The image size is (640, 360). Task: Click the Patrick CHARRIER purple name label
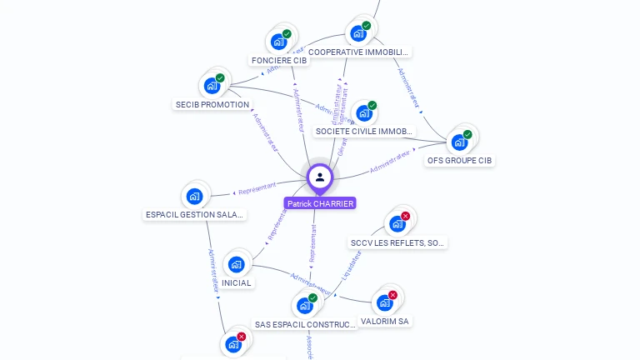click(x=320, y=203)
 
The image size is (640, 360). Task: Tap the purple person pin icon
click(x=320, y=177)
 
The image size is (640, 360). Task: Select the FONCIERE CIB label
click(x=279, y=61)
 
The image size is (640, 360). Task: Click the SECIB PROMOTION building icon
click(x=212, y=85)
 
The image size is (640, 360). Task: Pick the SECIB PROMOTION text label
click(x=212, y=105)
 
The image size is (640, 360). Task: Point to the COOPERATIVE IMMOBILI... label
click(x=359, y=52)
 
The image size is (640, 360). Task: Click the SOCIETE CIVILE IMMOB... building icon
click(x=363, y=113)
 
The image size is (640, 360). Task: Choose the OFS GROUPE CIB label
click(x=459, y=160)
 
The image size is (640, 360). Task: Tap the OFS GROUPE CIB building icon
click(x=459, y=142)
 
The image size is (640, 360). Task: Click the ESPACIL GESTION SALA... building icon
click(x=195, y=197)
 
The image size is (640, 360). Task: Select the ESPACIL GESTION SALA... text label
click(x=196, y=215)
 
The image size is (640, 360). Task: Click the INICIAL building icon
click(x=237, y=264)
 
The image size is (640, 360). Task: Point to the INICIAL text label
click(x=237, y=283)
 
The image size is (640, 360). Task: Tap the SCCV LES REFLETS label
click(x=398, y=243)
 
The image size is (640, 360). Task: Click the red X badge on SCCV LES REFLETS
click(x=406, y=217)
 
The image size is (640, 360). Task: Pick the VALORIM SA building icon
click(x=384, y=302)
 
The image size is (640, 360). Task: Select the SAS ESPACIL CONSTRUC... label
click(x=305, y=324)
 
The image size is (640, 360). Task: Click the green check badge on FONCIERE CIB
click(x=287, y=34)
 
